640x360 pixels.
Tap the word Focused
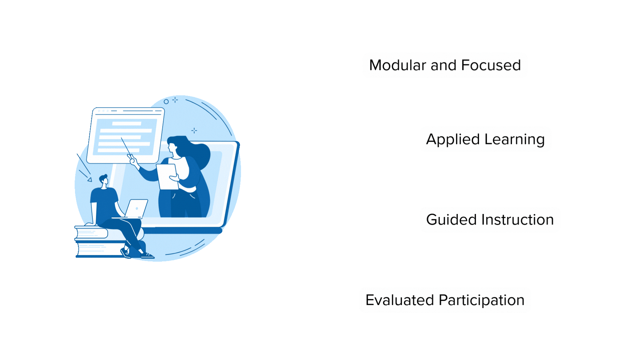tap(491, 65)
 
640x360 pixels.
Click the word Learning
tap(515, 139)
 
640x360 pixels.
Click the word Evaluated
tap(400, 300)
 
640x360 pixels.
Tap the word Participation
tap(482, 300)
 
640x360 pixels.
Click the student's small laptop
tap(137, 209)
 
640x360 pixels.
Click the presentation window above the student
tap(126, 135)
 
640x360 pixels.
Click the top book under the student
tap(92, 233)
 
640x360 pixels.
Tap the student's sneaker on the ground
tap(147, 255)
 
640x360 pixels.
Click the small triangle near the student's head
tap(90, 180)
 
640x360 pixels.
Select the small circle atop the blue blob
tap(166, 102)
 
